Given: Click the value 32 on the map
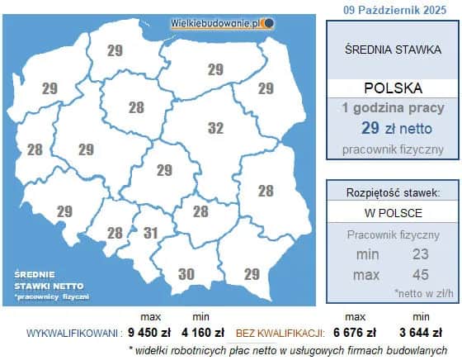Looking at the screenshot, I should (215, 128).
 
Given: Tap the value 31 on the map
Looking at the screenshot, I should (150, 234).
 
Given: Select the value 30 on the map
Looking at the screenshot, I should (186, 274).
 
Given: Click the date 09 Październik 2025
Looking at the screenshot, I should (393, 9).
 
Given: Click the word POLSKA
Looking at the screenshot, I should (393, 88).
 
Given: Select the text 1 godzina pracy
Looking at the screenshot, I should (393, 108).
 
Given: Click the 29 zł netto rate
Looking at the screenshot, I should (393, 128).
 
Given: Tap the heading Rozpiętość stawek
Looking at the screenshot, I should (393, 192).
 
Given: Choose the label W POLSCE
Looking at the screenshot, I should (393, 213).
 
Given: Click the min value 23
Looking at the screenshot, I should (421, 254).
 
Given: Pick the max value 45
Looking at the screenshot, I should (421, 273).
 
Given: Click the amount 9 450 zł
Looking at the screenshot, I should (149, 334).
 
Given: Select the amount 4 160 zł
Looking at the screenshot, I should (202, 334).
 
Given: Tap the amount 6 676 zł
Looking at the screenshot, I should (355, 334).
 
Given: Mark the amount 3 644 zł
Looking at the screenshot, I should (421, 334).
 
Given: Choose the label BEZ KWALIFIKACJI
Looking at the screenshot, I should (278, 334).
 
